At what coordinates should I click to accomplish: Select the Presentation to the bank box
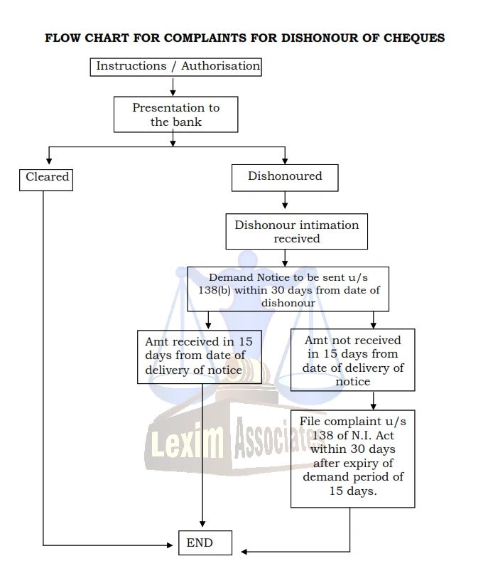point(175,114)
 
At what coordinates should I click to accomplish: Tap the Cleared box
point(47,177)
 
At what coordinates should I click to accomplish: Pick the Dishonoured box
point(284,177)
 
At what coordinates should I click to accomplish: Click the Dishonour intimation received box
point(297,232)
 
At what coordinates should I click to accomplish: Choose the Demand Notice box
point(288,289)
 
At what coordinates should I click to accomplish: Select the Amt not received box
point(352,360)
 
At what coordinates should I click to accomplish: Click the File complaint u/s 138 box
point(352,457)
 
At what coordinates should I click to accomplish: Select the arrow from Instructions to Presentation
point(173,86)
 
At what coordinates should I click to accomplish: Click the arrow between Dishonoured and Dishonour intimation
point(285,203)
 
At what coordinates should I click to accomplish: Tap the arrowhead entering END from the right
point(244,552)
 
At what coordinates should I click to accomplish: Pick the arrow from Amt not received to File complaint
point(374,400)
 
